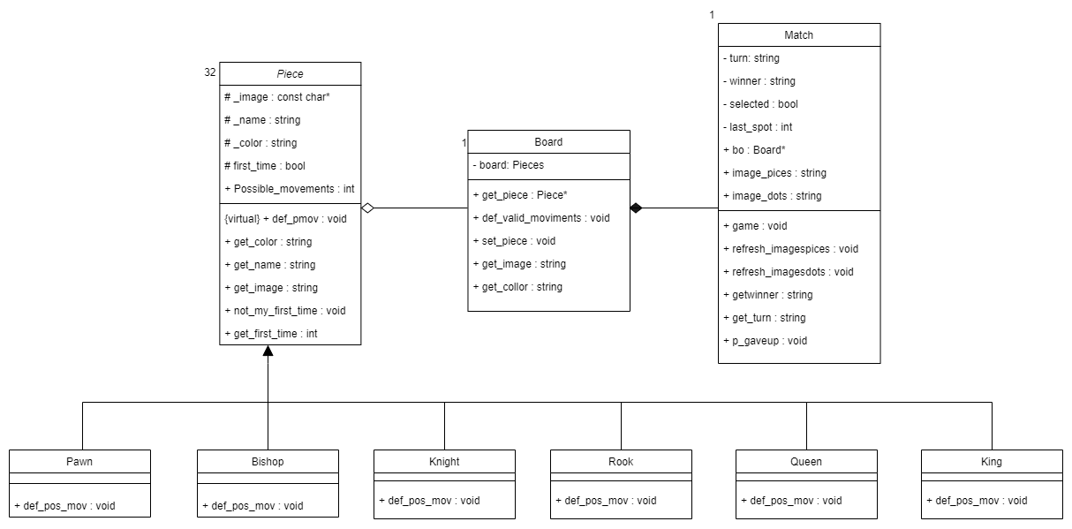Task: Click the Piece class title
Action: tap(290, 73)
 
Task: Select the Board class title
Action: tap(547, 141)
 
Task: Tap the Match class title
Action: tap(798, 35)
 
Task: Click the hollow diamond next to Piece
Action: tap(369, 208)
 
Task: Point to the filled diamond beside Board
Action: tap(637, 208)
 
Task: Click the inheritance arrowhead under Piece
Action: tap(268, 351)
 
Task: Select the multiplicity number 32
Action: tap(210, 72)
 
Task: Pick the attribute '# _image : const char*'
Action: tap(277, 96)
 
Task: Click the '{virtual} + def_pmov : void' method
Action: tap(286, 218)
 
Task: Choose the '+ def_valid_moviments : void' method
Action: tap(541, 217)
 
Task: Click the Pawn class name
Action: tap(79, 461)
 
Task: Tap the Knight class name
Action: tap(444, 461)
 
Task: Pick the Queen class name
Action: tap(806, 461)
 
